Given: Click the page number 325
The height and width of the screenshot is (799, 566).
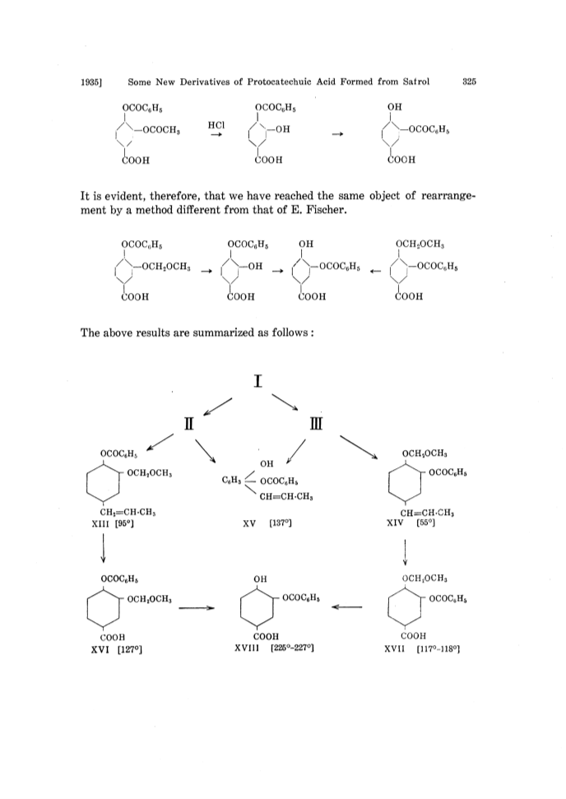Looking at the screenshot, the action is [x=469, y=81].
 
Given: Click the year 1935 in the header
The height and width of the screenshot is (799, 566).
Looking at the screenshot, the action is [x=91, y=82].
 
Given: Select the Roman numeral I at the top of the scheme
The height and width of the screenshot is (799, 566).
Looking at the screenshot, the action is [x=258, y=381].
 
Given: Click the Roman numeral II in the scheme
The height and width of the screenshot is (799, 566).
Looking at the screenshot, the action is [x=189, y=424].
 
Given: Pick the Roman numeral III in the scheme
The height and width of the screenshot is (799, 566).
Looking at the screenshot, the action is [x=316, y=424].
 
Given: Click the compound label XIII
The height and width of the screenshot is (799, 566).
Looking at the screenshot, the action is [x=100, y=523].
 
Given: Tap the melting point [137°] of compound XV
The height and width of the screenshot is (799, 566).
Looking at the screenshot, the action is [x=281, y=523].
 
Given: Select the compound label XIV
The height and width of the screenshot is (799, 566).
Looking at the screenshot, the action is [x=395, y=523].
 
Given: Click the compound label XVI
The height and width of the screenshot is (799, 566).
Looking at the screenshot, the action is [x=100, y=649].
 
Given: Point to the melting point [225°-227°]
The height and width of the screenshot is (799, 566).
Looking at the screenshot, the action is [x=292, y=648].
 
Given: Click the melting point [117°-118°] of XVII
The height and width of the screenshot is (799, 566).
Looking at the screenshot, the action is [x=438, y=649].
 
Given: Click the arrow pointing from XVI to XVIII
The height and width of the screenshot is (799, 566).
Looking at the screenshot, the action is [x=197, y=607].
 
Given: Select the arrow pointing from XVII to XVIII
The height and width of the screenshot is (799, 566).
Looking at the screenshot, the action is [x=346, y=606].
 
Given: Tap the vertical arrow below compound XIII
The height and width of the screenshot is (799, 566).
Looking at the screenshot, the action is [x=104, y=548].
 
